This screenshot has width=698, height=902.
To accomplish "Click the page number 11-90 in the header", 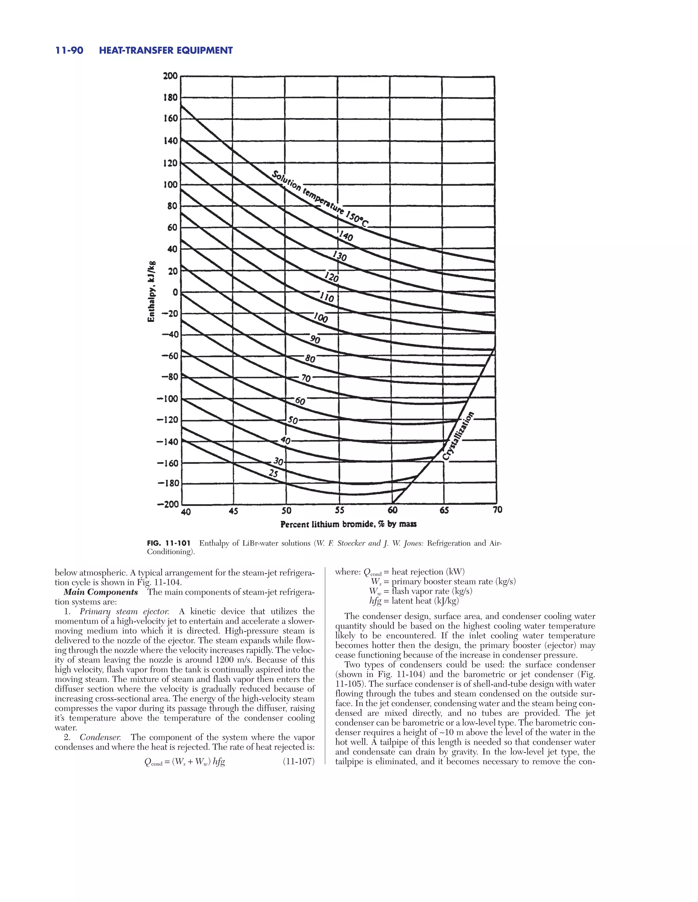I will (69, 50).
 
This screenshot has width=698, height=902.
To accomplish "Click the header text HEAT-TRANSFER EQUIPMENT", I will (166, 50).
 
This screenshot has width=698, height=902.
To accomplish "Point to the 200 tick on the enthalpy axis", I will (170, 76).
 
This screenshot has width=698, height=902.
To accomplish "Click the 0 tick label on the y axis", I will (175, 292).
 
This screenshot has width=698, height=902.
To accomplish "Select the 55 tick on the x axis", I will (339, 511).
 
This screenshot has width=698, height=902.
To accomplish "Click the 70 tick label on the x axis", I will (498, 510).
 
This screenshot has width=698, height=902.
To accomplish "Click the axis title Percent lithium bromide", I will (348, 524).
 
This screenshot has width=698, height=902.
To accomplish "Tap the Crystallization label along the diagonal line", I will (458, 436).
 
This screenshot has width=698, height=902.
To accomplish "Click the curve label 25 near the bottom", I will (273, 473).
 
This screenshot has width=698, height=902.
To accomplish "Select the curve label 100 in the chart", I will (320, 318).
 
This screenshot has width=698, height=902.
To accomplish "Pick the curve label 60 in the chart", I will (300, 401).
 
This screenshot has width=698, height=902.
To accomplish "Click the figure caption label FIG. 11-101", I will (169, 543).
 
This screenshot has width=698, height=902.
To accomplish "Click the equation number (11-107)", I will (299, 761).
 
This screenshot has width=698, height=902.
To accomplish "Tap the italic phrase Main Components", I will (101, 592).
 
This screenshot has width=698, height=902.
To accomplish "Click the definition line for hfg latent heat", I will (413, 601).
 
